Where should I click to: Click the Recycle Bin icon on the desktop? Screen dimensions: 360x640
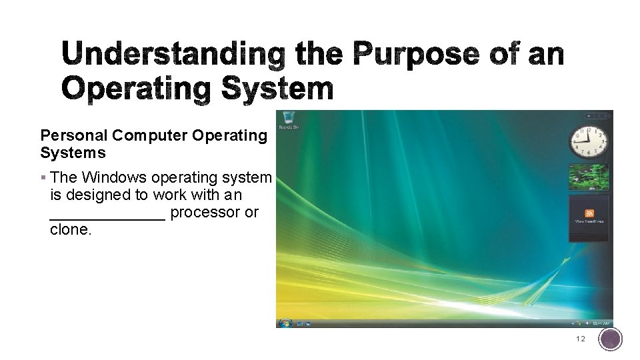pyautogui.click(x=288, y=118)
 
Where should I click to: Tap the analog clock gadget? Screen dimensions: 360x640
pyautogui.click(x=589, y=141)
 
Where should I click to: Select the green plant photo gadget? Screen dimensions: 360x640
pyautogui.click(x=589, y=177)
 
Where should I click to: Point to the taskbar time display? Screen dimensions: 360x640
pyautogui.click(x=603, y=323)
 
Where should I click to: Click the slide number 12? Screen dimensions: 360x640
pyautogui.click(x=581, y=339)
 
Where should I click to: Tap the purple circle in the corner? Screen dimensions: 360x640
pyautogui.click(x=611, y=339)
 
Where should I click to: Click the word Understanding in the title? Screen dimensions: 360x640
pyautogui.click(x=173, y=54)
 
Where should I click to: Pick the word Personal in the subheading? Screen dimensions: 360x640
pyautogui.click(x=73, y=135)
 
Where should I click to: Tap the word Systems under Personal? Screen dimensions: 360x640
pyautogui.click(x=73, y=153)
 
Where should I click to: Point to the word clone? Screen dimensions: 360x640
pyautogui.click(x=70, y=229)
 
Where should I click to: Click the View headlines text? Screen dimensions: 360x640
pyautogui.click(x=589, y=221)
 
